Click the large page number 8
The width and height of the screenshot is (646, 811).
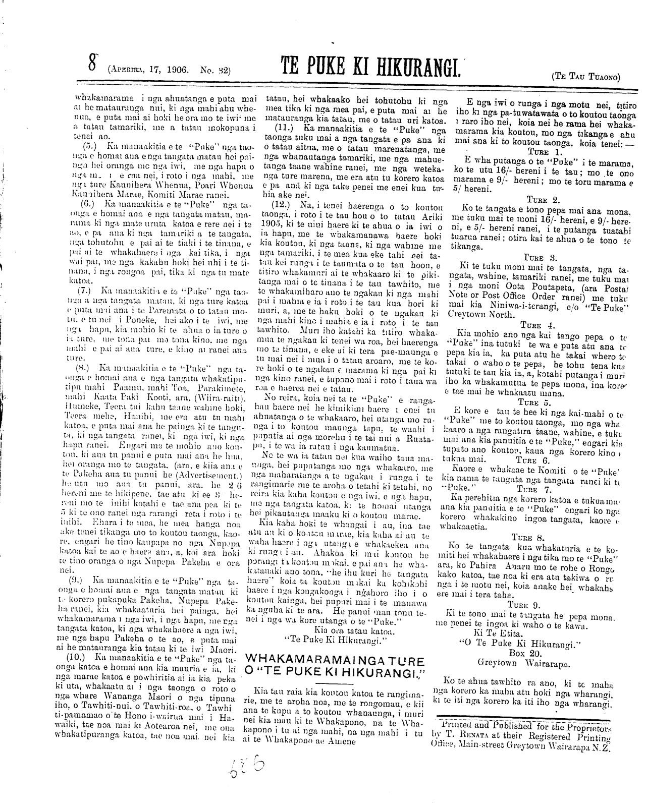pyautogui.click(x=92, y=64)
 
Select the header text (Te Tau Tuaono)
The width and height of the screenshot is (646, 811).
pyautogui.click(x=586, y=76)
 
